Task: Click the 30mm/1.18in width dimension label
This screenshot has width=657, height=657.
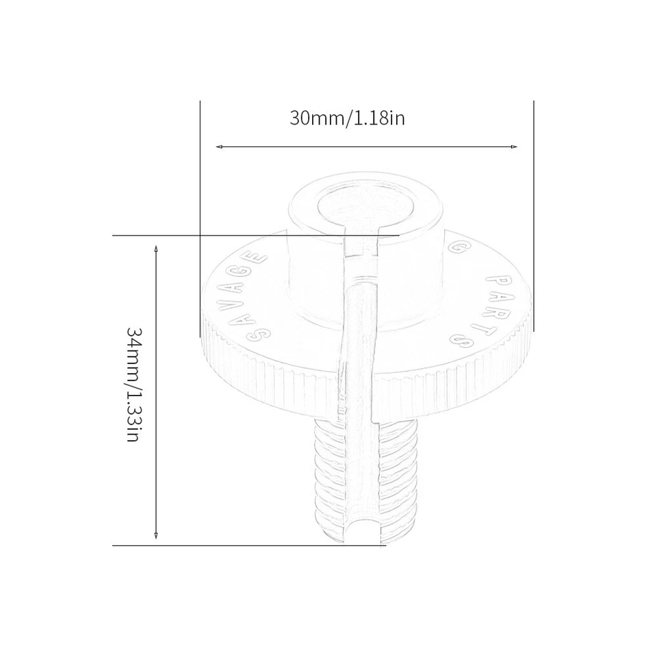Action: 347,118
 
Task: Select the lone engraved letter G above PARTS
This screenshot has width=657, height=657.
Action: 456,245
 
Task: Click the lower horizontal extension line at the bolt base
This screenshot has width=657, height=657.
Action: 246,545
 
